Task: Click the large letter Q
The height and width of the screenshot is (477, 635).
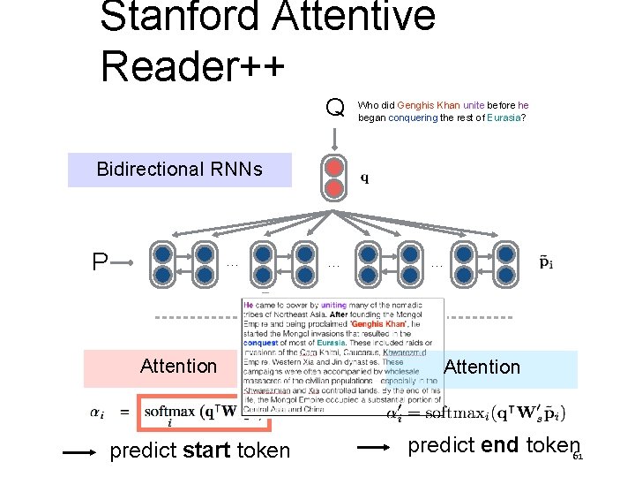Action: click(x=334, y=109)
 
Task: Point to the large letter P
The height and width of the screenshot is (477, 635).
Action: click(x=100, y=262)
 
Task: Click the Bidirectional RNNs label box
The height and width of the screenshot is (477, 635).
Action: click(x=179, y=169)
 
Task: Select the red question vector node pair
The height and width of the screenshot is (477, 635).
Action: click(x=334, y=178)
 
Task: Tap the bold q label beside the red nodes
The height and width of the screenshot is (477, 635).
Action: click(x=365, y=178)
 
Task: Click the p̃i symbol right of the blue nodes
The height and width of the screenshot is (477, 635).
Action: click(x=547, y=262)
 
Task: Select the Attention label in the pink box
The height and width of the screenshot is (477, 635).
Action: click(x=178, y=366)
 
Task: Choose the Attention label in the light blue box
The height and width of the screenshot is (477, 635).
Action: click(x=482, y=367)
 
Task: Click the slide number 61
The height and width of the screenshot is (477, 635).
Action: click(x=578, y=458)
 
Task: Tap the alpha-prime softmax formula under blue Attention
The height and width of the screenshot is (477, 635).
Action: click(x=476, y=413)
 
